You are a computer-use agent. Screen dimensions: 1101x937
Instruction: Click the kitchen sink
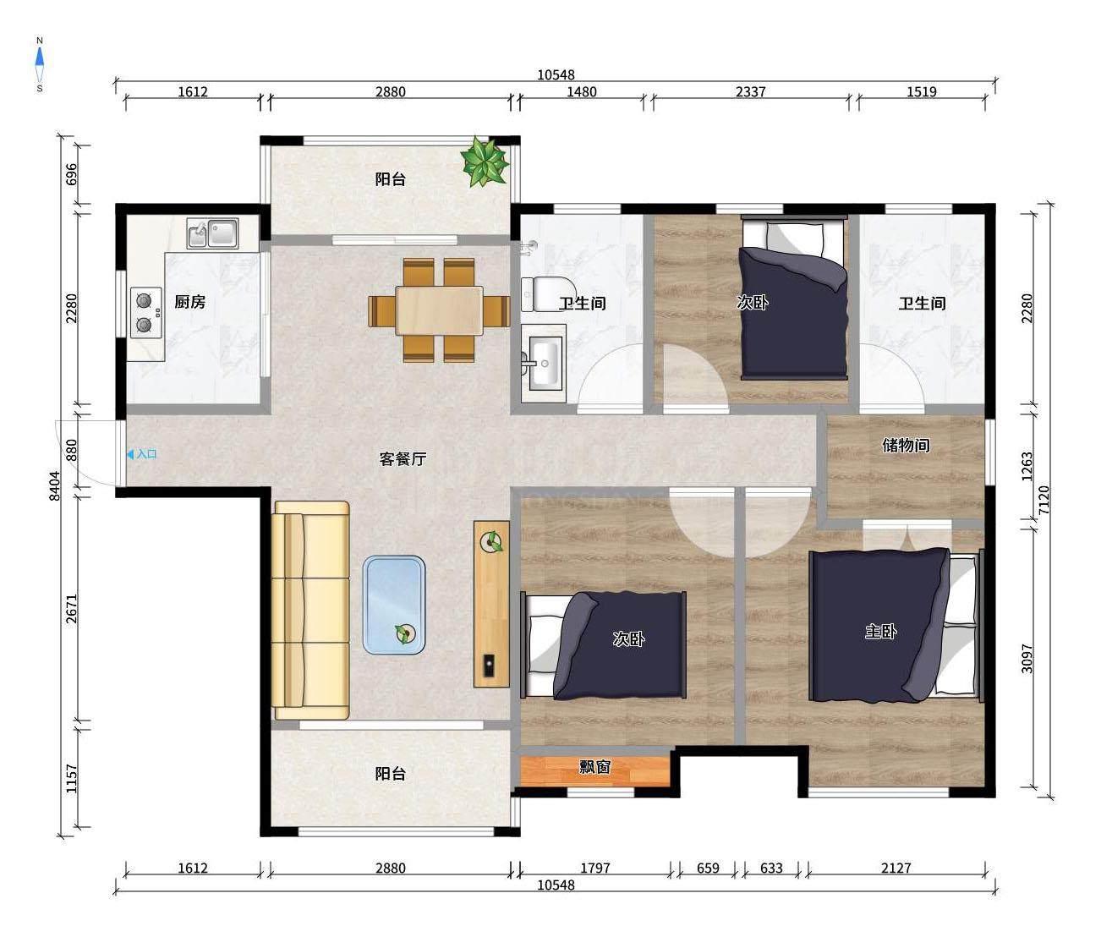tap(212, 233)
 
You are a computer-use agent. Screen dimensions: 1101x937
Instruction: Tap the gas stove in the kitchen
tap(146, 312)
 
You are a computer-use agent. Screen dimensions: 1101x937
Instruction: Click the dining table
tap(439, 310)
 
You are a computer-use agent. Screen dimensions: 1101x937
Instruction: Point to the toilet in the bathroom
tap(540, 294)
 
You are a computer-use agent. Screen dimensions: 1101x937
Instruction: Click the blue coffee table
tap(394, 605)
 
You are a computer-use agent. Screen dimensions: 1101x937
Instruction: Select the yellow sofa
tap(310, 611)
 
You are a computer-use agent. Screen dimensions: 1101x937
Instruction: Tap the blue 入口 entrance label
tap(142, 454)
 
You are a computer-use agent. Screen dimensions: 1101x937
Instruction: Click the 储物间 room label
tap(906, 445)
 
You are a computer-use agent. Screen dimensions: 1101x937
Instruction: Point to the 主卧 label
tap(880, 632)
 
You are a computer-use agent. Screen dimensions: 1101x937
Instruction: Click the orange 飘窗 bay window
tap(594, 770)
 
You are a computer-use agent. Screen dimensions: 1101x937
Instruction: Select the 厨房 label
tap(189, 302)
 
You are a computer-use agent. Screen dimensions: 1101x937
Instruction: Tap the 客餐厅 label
tap(403, 458)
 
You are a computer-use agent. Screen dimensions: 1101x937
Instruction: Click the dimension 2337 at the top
tap(751, 92)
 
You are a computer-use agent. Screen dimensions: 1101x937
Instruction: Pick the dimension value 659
tap(708, 869)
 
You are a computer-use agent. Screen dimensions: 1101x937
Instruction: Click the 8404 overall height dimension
tap(55, 485)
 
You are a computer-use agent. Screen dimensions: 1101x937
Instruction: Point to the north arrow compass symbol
tap(40, 64)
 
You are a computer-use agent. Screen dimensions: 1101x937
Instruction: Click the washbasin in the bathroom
tap(543, 363)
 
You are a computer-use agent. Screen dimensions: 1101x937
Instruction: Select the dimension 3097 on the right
tap(1027, 659)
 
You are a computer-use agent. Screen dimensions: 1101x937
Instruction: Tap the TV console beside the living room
tap(491, 604)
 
